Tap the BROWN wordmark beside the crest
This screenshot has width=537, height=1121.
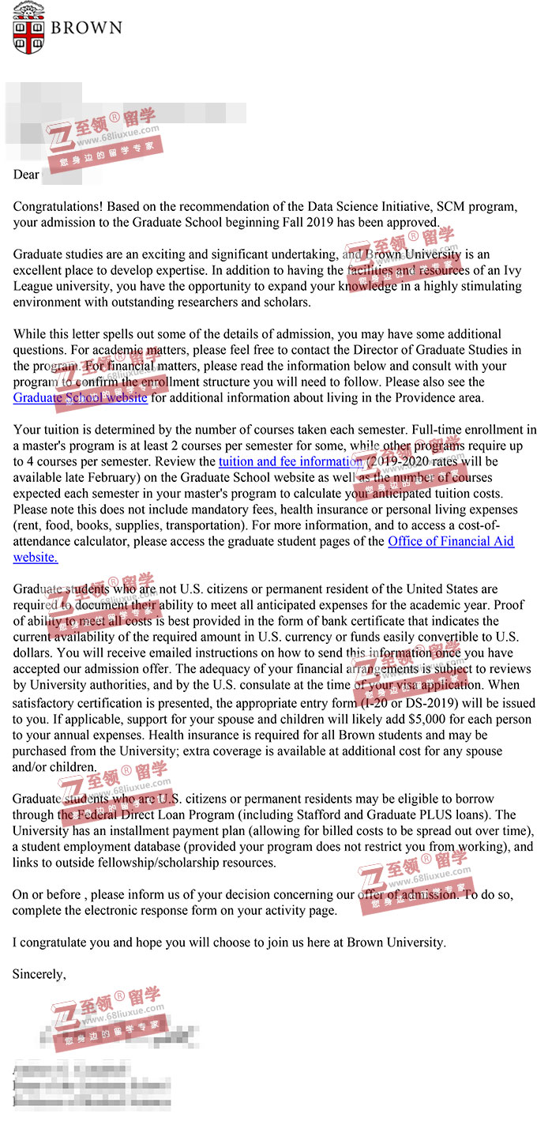pyautogui.click(x=87, y=28)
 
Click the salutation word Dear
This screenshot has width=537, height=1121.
pyautogui.click(x=26, y=174)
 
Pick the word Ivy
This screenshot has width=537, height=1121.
pyautogui.click(x=512, y=270)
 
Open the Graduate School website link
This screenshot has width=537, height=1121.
pyautogui.click(x=80, y=397)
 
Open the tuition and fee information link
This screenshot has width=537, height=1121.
pyautogui.click(x=290, y=461)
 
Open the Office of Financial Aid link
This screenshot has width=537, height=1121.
pyautogui.click(x=450, y=541)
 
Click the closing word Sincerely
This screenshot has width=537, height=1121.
pyautogui.click(x=39, y=974)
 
